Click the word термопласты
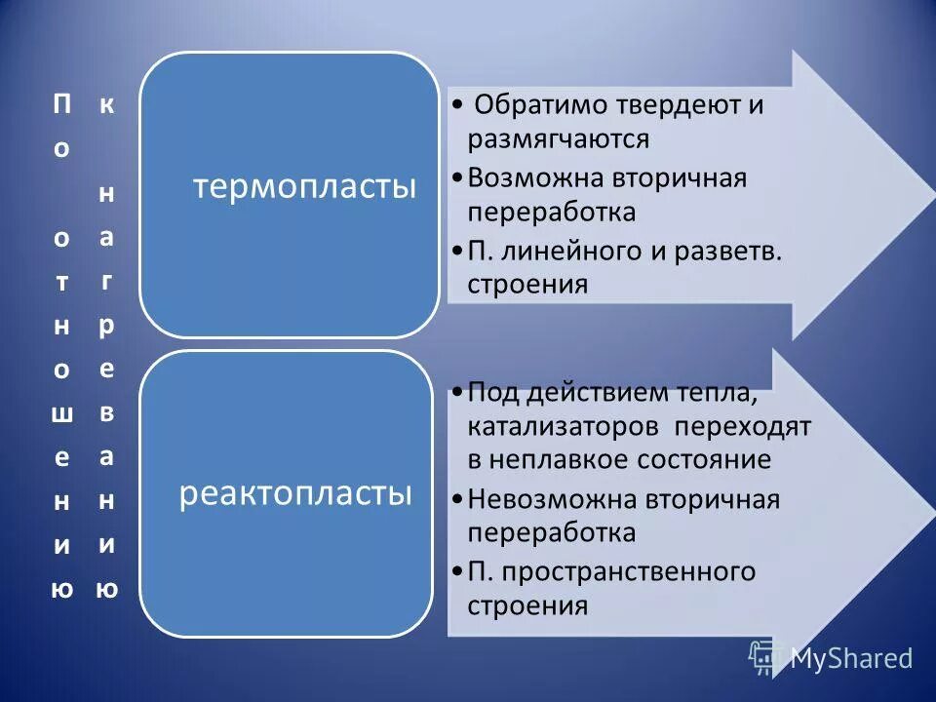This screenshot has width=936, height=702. click(304, 186)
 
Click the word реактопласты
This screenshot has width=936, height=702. click(294, 493)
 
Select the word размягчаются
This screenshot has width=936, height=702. click(558, 138)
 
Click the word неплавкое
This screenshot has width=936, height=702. click(566, 459)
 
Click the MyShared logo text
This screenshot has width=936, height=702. click(850, 658)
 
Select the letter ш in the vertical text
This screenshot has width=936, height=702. click(61, 413)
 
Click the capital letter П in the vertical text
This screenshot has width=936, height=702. click(61, 105)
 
